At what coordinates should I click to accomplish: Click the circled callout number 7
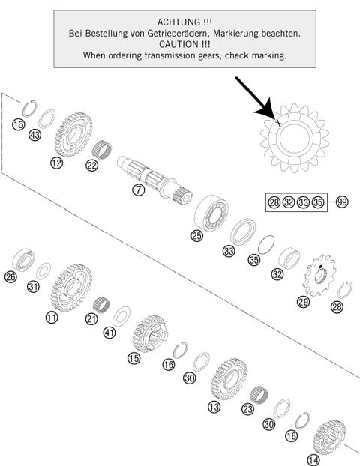(138, 190)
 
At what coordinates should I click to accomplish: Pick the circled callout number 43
(34, 136)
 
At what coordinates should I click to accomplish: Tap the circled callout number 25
(196, 235)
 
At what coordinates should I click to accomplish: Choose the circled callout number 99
(342, 202)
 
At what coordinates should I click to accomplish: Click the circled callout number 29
(303, 301)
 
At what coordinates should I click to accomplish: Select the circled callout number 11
(51, 317)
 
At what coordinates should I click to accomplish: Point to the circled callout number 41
(109, 333)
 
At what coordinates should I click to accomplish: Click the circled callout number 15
(133, 359)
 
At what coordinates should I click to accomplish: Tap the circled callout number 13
(214, 408)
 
